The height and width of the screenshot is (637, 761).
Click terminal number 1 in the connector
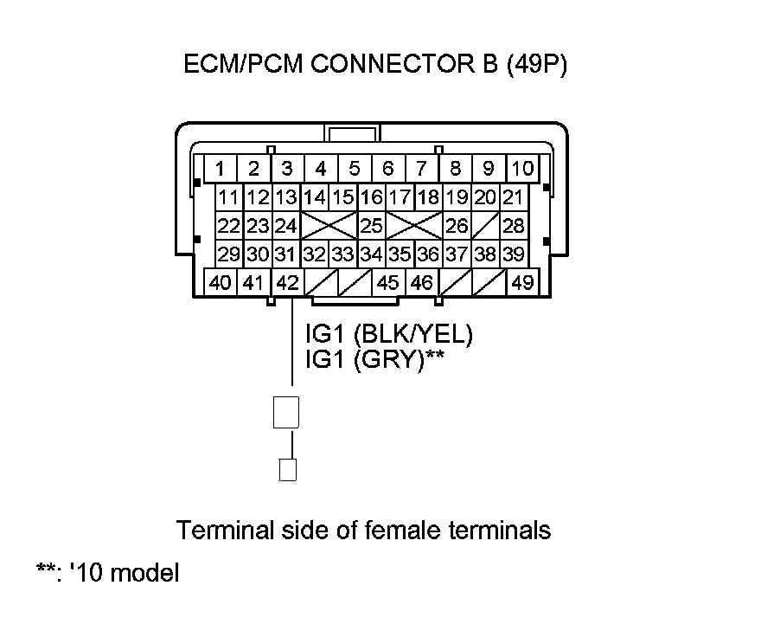tap(221, 168)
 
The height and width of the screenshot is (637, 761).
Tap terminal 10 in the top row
tap(522, 168)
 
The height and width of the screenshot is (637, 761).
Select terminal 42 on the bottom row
tap(287, 282)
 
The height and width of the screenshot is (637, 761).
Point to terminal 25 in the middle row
tap(372, 227)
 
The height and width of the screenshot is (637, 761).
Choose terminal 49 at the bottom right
tap(522, 282)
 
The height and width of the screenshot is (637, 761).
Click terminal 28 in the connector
tap(514, 227)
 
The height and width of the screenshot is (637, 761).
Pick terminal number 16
tap(372, 197)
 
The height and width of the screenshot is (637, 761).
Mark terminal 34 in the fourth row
tap(372, 254)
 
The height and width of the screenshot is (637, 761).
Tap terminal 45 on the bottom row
tap(388, 282)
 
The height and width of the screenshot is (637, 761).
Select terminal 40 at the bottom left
tap(221, 282)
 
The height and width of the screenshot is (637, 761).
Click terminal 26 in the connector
tap(457, 227)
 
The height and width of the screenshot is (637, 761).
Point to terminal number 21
tap(514, 197)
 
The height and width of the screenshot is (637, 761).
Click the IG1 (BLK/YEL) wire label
tap(389, 335)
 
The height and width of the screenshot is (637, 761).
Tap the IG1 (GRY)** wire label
tap(374, 359)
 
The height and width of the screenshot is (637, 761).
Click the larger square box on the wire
tap(286, 412)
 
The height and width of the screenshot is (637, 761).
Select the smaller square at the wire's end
tap(288, 469)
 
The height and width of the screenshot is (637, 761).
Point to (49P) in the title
tap(535, 66)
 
